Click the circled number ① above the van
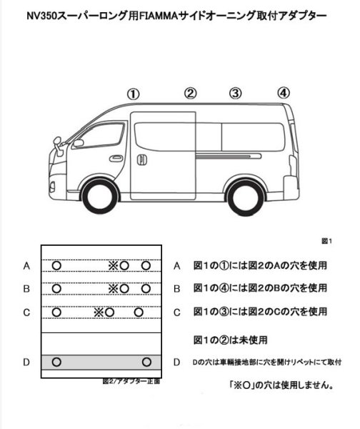coord(134,94)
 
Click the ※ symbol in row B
coord(112,289)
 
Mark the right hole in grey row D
coord(147,361)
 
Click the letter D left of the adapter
coord(26,362)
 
